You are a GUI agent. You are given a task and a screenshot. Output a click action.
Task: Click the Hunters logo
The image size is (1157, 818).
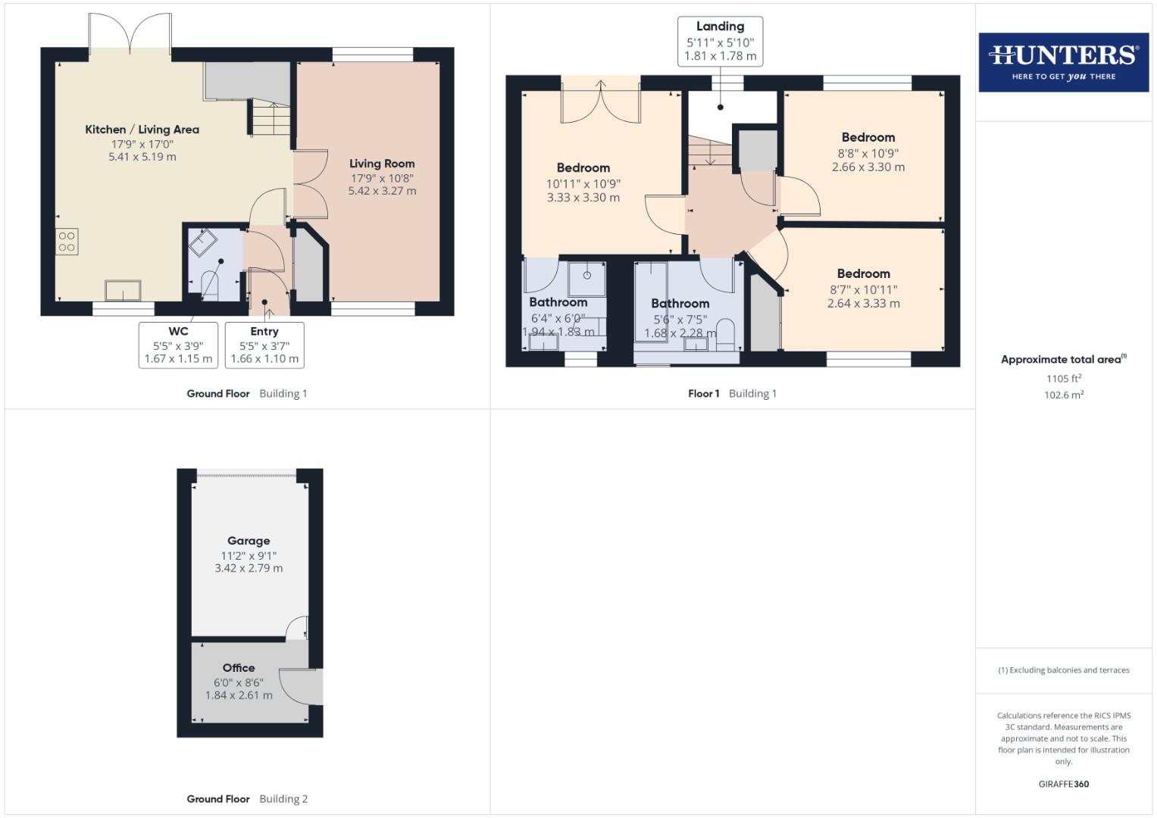(x=1063, y=62)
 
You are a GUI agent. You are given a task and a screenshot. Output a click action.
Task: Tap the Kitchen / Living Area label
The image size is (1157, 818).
(x=142, y=130)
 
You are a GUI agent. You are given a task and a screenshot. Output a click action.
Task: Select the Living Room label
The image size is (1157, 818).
(x=382, y=164)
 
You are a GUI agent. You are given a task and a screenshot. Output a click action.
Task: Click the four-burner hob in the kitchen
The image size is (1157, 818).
(x=67, y=242)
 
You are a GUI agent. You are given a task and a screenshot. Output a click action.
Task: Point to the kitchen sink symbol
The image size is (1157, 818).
(x=123, y=290)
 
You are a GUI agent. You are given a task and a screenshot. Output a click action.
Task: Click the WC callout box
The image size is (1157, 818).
(x=178, y=345)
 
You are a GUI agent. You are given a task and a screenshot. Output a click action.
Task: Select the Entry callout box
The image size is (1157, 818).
(x=264, y=345)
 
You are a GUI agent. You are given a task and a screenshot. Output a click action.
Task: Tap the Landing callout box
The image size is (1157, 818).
(x=720, y=42)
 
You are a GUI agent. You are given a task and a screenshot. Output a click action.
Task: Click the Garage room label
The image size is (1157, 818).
(x=249, y=541)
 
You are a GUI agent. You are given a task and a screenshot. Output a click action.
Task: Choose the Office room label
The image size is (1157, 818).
(x=239, y=668)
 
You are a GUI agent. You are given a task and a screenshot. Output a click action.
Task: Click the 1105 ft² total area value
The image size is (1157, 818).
(x=1063, y=378)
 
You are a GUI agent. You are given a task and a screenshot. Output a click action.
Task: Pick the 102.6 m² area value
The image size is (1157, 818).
(x=1063, y=395)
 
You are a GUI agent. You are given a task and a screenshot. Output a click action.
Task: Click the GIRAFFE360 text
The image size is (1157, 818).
(x=1063, y=784)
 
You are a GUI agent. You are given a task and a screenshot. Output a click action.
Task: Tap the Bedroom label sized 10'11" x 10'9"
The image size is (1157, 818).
(x=583, y=168)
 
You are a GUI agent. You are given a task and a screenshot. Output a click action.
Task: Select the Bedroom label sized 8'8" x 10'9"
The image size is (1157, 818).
(x=868, y=138)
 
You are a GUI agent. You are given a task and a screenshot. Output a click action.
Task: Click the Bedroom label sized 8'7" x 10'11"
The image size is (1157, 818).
(x=863, y=274)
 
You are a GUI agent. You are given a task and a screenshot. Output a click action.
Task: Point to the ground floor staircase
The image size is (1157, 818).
(x=269, y=120)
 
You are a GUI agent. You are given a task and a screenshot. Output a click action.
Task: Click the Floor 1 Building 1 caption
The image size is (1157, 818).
(x=732, y=394)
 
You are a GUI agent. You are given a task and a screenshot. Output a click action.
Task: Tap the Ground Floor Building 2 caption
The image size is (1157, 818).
(x=247, y=799)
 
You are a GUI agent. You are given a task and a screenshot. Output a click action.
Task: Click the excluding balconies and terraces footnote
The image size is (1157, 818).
(x=1063, y=670)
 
